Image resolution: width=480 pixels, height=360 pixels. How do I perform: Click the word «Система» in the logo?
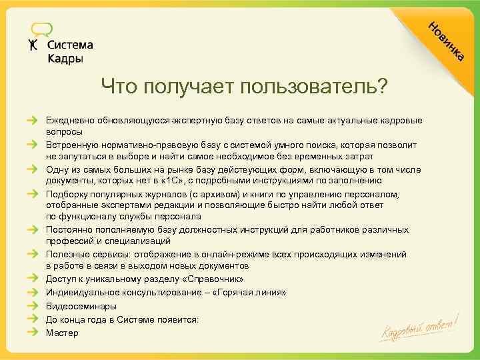coord(71,45)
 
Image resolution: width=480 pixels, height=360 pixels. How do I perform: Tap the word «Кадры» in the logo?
coord(65,59)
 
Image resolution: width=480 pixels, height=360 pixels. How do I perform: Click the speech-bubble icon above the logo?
coord(41,29)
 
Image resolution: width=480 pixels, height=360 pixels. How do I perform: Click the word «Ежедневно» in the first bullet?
coord(70,121)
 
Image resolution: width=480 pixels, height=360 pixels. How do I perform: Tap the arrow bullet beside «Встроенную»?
coord(33,145)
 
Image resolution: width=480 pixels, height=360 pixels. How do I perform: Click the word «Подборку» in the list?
coord(66,194)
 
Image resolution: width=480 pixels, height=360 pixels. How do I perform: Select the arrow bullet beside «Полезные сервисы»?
coord(33,255)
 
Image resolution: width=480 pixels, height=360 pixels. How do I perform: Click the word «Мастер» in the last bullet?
coord(62,332)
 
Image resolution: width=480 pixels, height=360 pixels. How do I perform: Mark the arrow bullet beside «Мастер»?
coord(33,332)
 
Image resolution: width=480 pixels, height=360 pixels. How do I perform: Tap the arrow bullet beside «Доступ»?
coord(33,279)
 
